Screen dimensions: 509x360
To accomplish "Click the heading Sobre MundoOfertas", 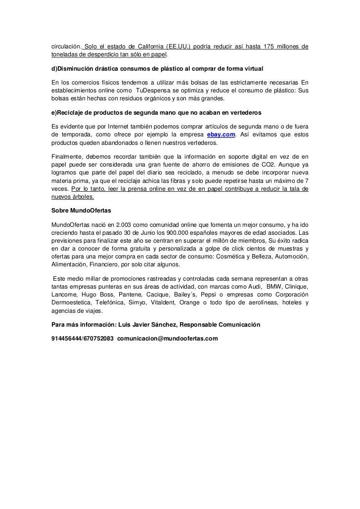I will [x=81, y=210].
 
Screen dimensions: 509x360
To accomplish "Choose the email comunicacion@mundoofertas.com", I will [x=168, y=339].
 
